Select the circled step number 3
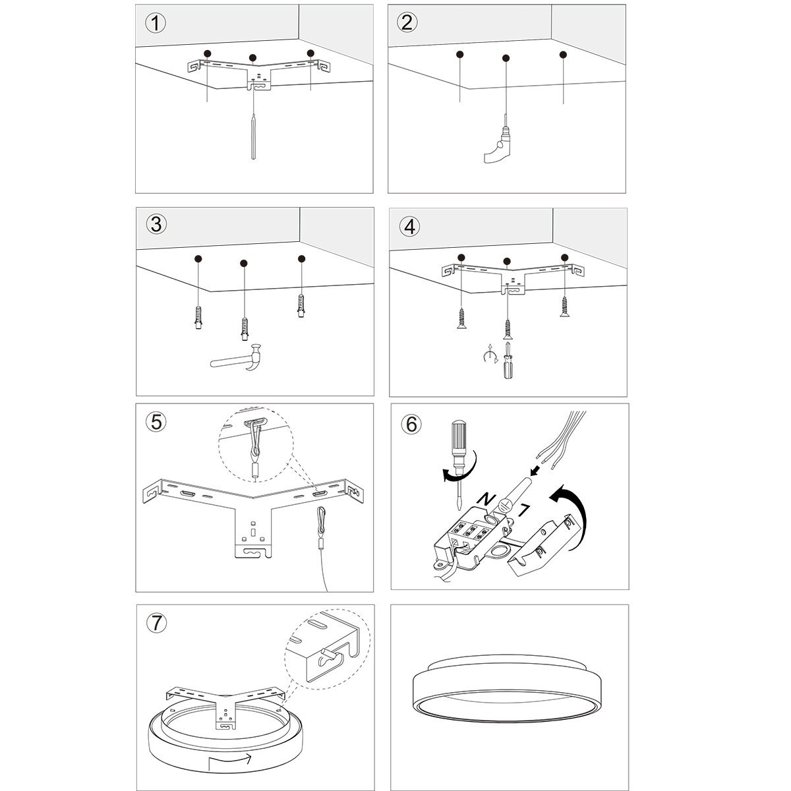coord(156,224)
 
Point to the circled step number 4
coord(409,225)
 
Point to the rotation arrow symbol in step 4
coord(488,357)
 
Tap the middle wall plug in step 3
coord(243,326)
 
